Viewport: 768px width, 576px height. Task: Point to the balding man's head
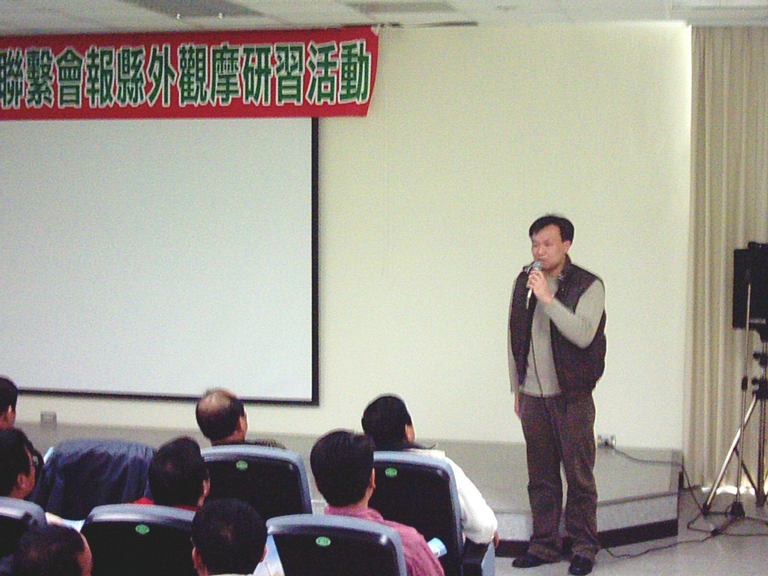pyautogui.click(x=221, y=414)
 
